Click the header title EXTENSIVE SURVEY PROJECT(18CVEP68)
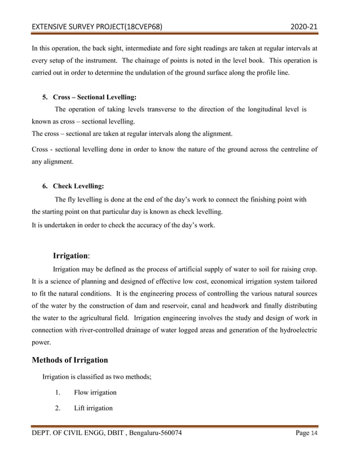tap(97, 27)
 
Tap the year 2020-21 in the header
tap(304, 27)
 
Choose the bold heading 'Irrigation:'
tap(72, 256)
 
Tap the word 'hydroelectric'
tap(293, 329)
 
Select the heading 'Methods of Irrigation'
tap(69, 360)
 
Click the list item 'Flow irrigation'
tap(95, 392)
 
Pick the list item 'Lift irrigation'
tap(93, 408)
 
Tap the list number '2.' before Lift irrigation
tap(59, 408)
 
